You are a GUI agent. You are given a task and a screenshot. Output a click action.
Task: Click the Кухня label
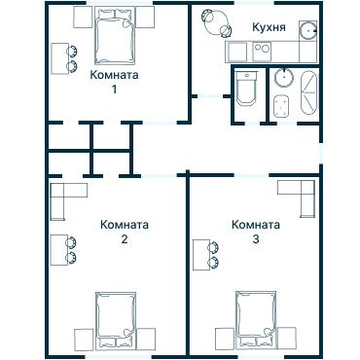point(269,27)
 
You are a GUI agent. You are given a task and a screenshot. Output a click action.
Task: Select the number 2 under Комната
point(125,239)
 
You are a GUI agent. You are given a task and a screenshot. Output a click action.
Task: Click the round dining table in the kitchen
point(211,20)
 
